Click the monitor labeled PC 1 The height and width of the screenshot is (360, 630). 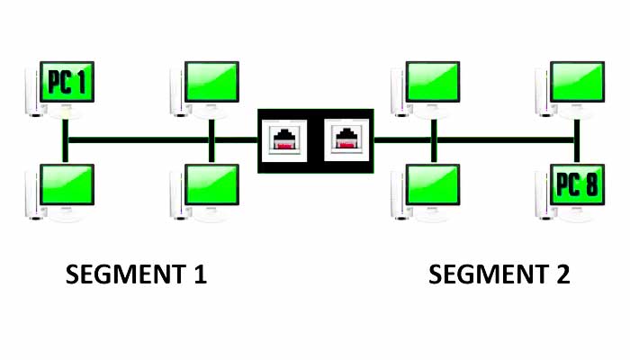pos(67,82)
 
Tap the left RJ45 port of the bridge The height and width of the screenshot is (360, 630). pos(285,140)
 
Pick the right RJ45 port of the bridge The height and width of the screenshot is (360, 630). pos(346,140)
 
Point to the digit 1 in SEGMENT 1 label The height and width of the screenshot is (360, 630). pos(199,274)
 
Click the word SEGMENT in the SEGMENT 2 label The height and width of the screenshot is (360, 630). pos(482,274)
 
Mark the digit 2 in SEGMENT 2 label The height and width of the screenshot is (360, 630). pos(562,274)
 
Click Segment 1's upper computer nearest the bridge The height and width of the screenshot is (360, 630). pos(212,82)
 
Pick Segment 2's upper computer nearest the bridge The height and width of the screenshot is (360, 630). pos(435,82)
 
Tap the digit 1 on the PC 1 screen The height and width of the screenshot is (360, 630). pos(82,84)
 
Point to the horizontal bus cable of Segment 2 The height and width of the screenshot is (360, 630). pos(504,140)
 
